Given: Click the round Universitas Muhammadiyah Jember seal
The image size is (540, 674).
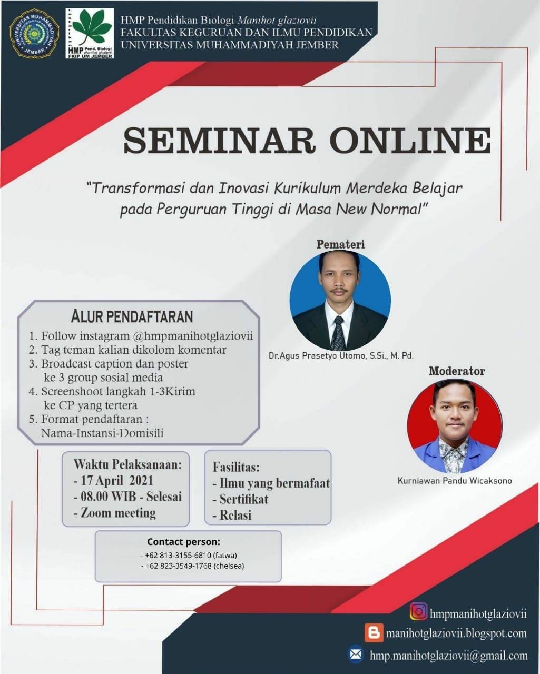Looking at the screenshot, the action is tap(34, 34).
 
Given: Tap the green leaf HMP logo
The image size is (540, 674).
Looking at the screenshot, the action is tap(90, 33).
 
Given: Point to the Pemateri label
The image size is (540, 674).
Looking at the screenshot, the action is tap(340, 244).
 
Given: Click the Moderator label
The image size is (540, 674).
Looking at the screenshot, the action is tap(457, 371).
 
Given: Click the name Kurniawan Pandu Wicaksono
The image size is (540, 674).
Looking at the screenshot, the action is tap(455, 481).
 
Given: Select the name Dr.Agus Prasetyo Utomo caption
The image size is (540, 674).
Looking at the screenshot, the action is tap(341, 356).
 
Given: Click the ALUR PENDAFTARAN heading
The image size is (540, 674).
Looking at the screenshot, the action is tap(132, 316).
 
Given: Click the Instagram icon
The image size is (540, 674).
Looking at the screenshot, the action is tap(419, 611).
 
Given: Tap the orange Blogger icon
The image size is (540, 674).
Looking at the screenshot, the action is tap(374, 632).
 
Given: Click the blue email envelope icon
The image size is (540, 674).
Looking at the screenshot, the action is tap(356, 655).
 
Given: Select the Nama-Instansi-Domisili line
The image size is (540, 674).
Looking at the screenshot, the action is tap(102, 433).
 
